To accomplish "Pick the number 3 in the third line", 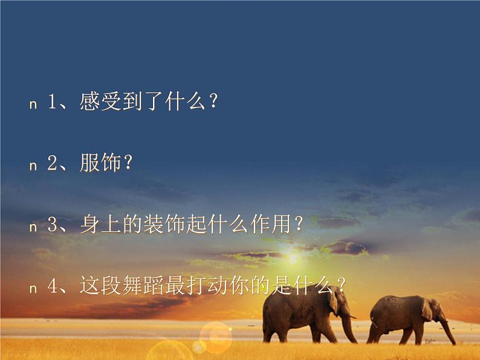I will [52, 226].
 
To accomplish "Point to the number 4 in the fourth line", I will [52, 286].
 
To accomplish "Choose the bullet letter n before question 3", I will [33, 227].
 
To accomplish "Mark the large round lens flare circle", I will [215, 335].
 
